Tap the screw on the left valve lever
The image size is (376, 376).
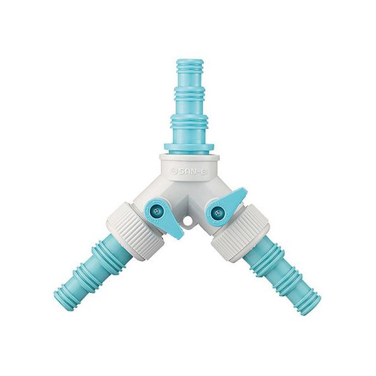point(157,211)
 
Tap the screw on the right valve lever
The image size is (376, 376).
point(218,213)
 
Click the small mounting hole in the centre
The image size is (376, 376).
point(187,219)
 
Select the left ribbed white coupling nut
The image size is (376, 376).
point(135,231)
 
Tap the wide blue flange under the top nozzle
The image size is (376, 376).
point(189,147)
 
